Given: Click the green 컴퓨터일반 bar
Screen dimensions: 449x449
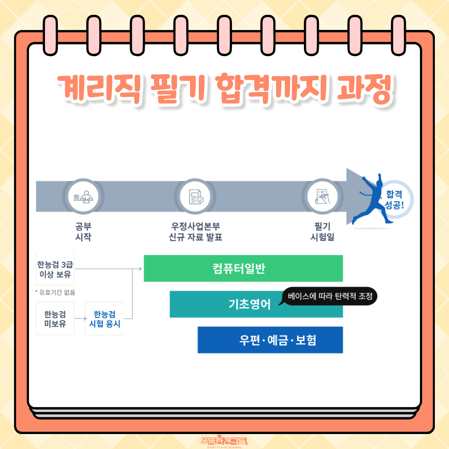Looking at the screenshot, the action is pos(243,268).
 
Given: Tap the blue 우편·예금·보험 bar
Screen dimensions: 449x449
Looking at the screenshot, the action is pos(270,340).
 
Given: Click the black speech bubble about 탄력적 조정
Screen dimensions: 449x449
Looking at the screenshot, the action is pos(329,296).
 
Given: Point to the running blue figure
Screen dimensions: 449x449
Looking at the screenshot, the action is pos(372,200).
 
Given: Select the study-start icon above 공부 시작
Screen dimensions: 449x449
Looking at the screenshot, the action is pos(83,196).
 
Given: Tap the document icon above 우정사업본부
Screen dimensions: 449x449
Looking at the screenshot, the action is pos(195,196).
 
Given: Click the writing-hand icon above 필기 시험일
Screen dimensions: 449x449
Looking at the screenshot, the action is pos(323,196).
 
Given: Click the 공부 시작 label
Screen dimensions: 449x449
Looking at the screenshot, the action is pos(83,232).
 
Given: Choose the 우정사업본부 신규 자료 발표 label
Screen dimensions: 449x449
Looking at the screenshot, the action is pos(195,232).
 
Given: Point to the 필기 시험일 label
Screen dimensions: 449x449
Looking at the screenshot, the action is pos(323,232).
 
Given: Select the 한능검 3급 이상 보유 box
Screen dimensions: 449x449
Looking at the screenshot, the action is pos(55,269).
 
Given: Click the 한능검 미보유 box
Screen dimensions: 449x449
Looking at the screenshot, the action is pos(55,318).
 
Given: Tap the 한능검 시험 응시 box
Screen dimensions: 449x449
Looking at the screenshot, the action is pos(104,318).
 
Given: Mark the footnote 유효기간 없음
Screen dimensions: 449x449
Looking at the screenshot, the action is pos(55,292).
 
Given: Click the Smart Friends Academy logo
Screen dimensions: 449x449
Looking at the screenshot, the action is pos(224,442).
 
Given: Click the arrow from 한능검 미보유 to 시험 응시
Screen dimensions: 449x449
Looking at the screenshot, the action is pos(80,318).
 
